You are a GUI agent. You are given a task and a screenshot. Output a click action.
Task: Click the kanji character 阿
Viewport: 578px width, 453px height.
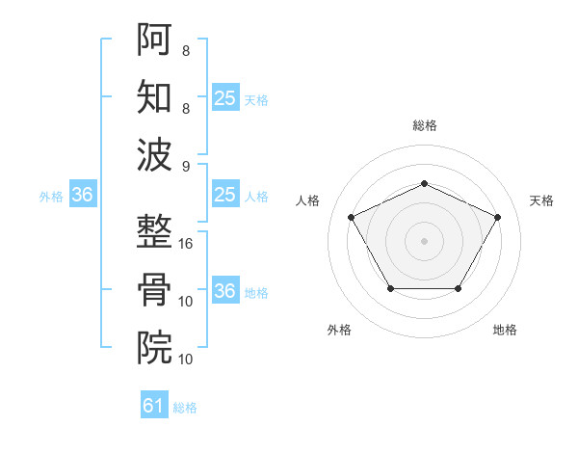155,40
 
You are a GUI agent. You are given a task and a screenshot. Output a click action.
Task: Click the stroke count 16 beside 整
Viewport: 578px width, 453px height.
187,244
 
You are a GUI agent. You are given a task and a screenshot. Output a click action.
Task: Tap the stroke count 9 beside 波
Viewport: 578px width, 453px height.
186,167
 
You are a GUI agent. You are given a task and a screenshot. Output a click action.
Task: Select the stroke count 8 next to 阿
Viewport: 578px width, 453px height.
186,49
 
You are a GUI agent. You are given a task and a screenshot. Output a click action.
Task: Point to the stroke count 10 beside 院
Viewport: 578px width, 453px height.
187,360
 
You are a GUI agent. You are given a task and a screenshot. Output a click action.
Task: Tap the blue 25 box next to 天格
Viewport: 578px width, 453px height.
225,98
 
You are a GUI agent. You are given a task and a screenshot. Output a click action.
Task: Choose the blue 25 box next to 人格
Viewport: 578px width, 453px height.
225,196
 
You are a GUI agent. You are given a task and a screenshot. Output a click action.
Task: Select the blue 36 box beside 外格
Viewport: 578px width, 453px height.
83,196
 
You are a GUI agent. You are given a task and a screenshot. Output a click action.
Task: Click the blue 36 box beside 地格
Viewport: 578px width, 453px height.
225,292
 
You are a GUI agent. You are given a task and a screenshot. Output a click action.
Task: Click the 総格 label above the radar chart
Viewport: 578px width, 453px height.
424,125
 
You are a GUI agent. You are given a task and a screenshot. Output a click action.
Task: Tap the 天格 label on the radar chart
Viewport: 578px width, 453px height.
541,200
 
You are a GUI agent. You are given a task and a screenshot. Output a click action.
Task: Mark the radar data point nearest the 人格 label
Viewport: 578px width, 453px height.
351,217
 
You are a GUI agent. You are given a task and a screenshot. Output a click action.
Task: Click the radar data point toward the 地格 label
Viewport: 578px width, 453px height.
458,288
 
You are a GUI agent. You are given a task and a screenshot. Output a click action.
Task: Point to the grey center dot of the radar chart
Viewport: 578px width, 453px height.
424,241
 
